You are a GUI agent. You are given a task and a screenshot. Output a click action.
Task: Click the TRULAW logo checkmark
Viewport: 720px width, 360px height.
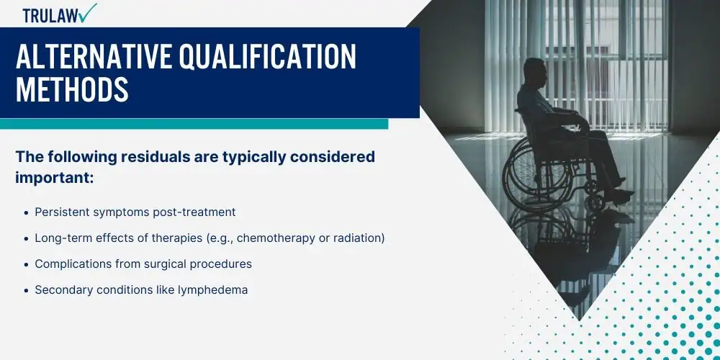[87, 12]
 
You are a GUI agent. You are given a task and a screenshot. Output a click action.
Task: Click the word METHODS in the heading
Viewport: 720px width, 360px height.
[72, 89]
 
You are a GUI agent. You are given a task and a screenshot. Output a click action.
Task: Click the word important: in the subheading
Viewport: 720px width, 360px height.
[55, 178]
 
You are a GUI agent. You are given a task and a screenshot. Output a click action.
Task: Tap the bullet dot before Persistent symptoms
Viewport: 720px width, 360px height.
[26, 212]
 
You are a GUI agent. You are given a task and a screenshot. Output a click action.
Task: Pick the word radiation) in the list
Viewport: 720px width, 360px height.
[362, 238]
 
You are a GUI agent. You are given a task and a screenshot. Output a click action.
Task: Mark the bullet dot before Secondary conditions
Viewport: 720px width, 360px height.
[26, 291]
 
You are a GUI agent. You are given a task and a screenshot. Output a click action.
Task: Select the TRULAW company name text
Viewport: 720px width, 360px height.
[50, 16]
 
